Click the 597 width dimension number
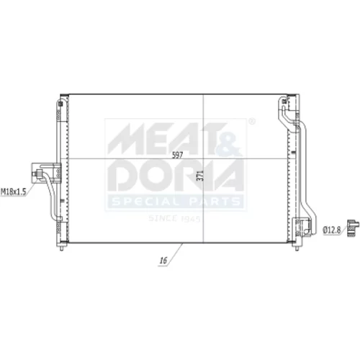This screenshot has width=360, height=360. pos(177,156)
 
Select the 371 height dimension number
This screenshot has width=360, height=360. pos(200,176)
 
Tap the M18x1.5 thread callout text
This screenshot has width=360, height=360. pos(13,192)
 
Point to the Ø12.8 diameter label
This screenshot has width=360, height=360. pos(332,230)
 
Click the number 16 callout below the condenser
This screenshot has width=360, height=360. pos(163,261)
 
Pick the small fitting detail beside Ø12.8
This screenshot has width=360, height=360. pos(354,228)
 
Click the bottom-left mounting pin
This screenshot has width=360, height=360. pos(61,247)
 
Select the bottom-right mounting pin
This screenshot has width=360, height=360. pos(297,247)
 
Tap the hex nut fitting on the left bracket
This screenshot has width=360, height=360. pos(37,174)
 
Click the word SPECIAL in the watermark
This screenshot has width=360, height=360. pos(145,202)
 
